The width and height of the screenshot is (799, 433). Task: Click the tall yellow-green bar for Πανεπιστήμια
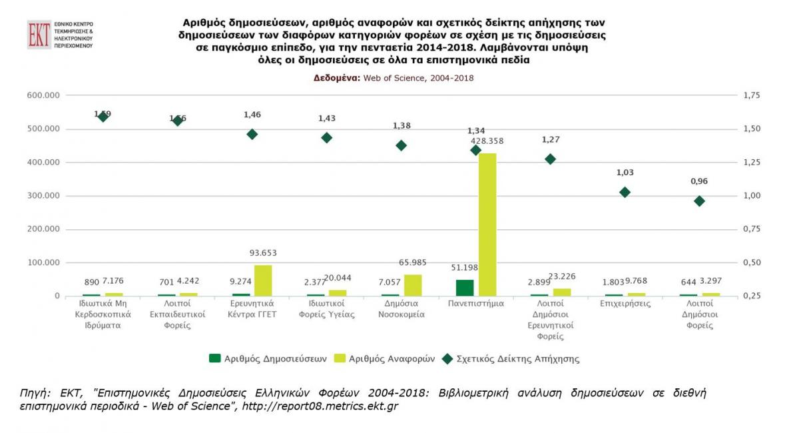click(487, 224)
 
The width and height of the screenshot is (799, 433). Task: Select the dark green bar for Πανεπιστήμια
click(465, 287)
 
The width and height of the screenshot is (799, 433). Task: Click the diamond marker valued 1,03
click(625, 193)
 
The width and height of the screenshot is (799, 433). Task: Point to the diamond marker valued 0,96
click(699, 201)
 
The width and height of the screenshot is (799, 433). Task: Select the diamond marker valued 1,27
click(550, 159)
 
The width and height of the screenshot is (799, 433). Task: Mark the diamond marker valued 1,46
click(252, 134)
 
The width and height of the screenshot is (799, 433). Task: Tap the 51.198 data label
click(464, 268)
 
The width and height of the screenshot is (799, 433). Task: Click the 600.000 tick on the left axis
click(43, 95)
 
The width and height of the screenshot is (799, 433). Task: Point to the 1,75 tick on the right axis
click(751, 95)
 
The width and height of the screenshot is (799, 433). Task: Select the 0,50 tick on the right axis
click(751, 262)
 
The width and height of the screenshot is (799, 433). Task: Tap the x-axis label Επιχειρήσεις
click(625, 304)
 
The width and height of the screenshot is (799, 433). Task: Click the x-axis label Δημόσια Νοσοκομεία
click(401, 309)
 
